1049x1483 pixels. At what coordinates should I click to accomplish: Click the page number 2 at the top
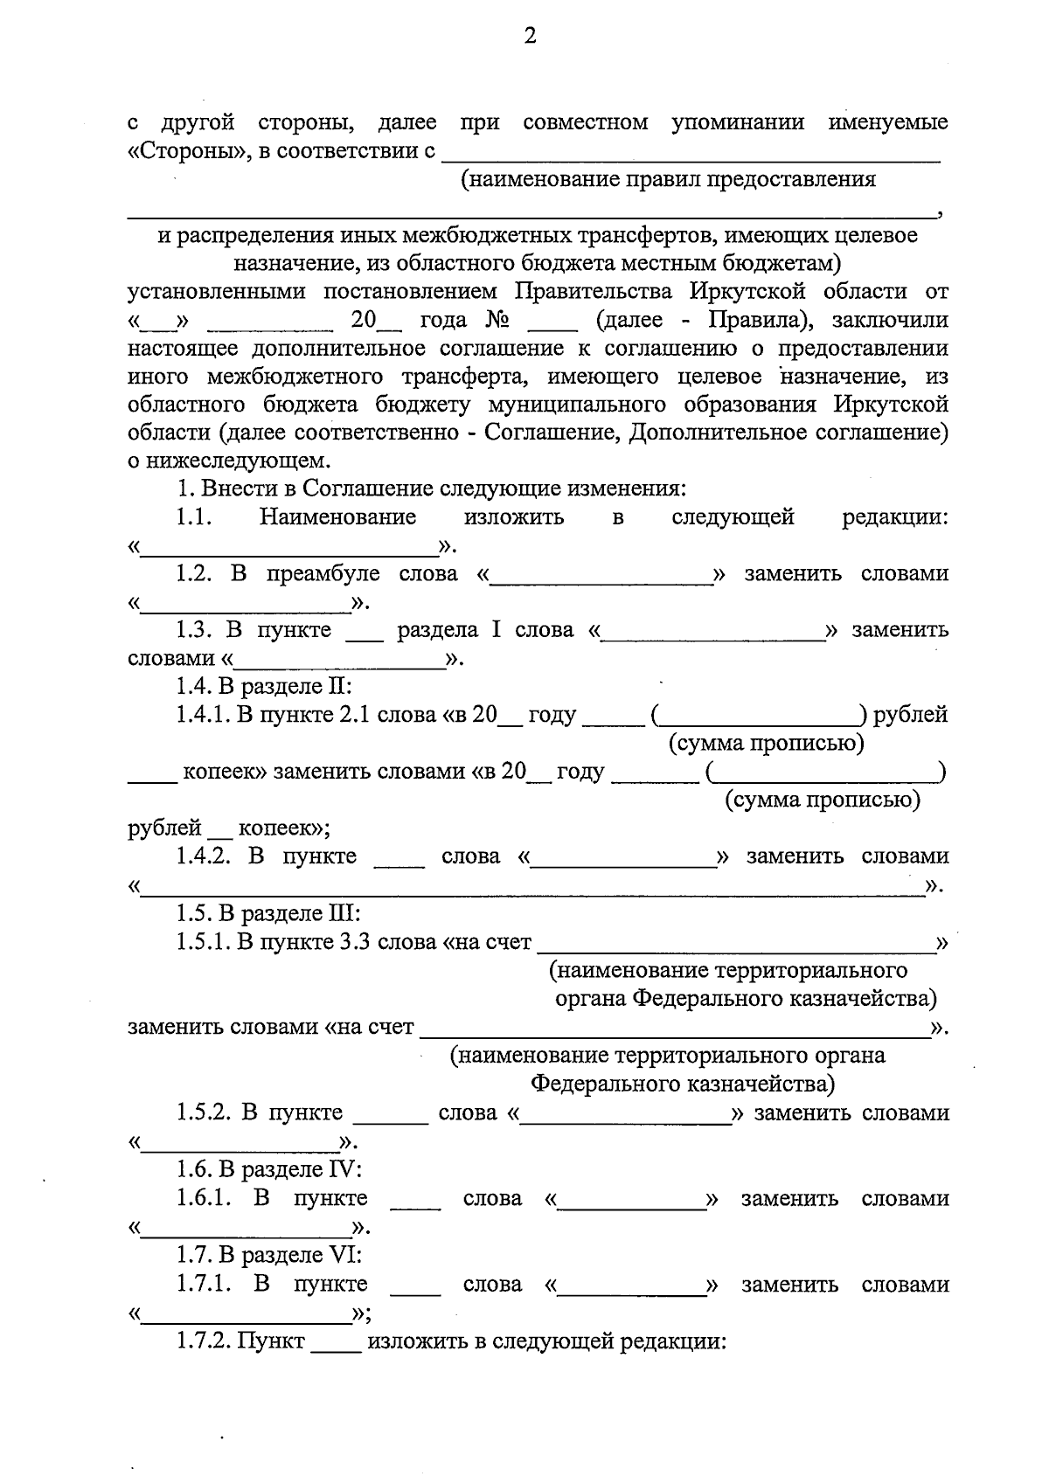tap(530, 37)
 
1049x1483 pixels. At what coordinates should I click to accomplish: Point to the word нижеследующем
tap(237, 461)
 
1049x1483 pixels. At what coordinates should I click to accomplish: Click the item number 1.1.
tap(194, 517)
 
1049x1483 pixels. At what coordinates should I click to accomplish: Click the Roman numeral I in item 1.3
tap(496, 630)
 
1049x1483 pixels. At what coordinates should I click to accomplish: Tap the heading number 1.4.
tap(193, 687)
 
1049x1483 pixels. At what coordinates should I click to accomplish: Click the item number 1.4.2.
tap(203, 856)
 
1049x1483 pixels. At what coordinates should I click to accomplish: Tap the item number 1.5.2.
tap(203, 1113)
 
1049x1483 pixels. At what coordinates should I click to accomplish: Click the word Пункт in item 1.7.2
tap(272, 1341)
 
